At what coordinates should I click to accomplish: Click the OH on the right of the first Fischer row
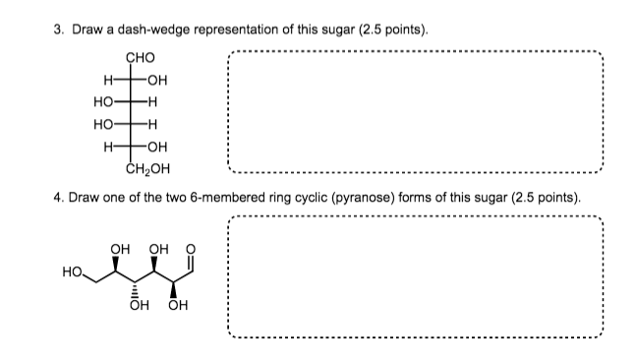156,78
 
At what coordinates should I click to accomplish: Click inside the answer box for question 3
414,107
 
